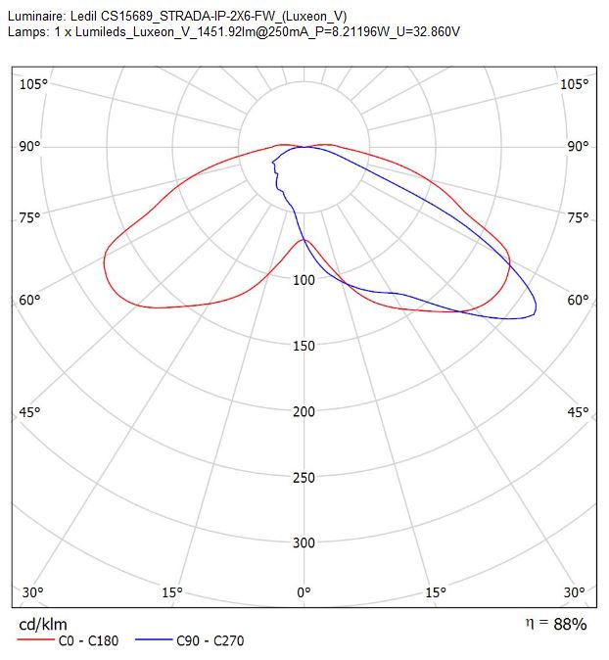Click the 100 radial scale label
coord(304,280)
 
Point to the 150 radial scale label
coord(304,346)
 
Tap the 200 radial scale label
coord(304,411)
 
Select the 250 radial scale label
coord(304,478)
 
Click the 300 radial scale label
coord(304,543)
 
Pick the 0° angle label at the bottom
coord(304,592)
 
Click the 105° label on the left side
coord(33,84)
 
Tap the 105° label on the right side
coord(574,84)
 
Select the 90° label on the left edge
coord(30,147)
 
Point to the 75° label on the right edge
coord(578,218)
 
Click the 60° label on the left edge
coord(30,300)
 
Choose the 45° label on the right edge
coord(578,412)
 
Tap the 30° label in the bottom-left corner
coord(33,592)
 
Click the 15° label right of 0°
coord(435,592)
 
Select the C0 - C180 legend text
coord(88,641)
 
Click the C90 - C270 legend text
coord(210,641)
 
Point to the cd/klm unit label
coord(43,624)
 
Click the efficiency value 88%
coord(570,624)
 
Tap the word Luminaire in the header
coord(36,17)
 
